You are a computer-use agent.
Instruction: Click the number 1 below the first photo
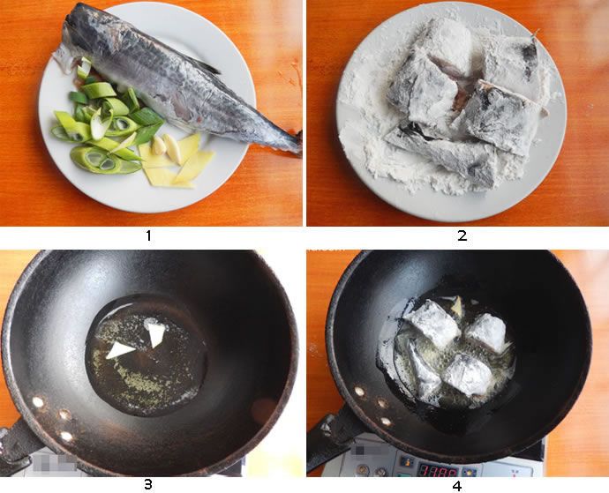coord(148,235)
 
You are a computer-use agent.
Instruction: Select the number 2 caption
coord(462,235)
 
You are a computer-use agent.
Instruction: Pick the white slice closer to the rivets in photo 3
coord(119,350)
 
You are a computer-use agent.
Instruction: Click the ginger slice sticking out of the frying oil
coord(456,306)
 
